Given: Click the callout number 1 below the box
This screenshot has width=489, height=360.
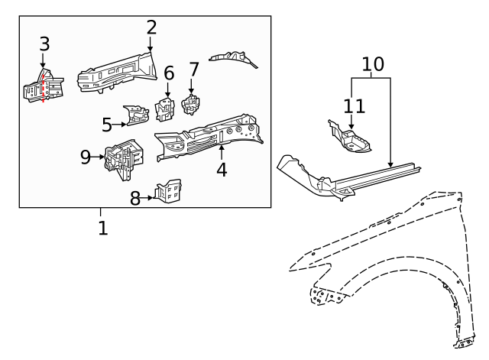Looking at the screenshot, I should [x=102, y=227].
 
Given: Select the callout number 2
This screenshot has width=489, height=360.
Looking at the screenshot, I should [x=151, y=28].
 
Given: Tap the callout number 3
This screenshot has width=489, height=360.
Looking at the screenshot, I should [x=44, y=43].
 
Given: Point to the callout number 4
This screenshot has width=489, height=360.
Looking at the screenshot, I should [x=222, y=169].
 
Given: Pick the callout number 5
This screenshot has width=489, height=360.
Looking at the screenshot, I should [x=107, y=123].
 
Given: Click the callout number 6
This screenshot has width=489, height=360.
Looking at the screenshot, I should [x=169, y=73].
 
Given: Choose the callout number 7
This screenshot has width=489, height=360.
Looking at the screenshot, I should [x=193, y=70].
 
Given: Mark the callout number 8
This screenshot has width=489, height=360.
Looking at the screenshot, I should [x=135, y=198].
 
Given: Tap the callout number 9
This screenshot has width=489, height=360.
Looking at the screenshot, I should [x=86, y=157].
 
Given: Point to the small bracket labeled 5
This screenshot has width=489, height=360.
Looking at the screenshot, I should [x=138, y=115].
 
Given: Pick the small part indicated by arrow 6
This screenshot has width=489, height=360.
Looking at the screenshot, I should [x=166, y=109].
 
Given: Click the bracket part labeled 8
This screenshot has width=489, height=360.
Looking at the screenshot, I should [x=170, y=191].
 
